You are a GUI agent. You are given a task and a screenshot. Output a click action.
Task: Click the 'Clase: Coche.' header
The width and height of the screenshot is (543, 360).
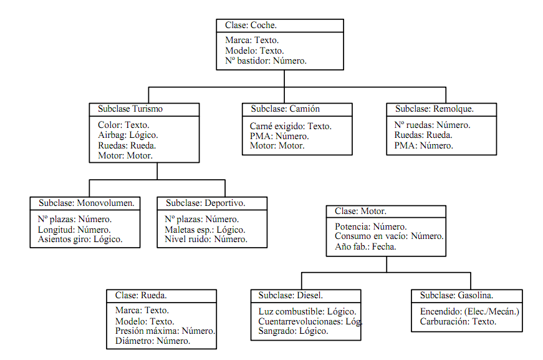251,26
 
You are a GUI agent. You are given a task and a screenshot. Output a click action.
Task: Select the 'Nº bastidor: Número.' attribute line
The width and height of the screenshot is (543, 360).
266,61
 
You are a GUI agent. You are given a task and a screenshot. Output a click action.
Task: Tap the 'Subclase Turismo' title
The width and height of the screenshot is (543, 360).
130,109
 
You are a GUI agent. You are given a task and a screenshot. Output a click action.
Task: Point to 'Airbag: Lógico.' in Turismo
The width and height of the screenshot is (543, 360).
128,135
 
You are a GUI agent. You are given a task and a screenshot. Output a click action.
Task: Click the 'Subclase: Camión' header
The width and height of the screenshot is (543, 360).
285,109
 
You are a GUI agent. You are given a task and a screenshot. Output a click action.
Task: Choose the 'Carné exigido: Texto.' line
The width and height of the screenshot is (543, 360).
291,126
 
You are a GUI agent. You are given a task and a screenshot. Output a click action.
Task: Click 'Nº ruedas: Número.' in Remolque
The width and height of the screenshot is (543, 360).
432,125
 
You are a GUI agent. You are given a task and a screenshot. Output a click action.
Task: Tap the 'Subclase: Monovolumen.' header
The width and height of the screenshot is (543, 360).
86,203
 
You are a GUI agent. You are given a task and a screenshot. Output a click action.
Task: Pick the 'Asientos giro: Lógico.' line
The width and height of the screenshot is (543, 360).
80,239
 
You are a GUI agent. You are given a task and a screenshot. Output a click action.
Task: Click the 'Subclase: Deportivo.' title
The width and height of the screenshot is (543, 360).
205,203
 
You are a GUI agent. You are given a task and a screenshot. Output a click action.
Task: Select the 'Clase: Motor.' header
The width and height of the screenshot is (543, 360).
360,212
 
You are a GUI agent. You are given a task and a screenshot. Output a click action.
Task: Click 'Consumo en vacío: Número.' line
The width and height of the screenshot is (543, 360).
388,236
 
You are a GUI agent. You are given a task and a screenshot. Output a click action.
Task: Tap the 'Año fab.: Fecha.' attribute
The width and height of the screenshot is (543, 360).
365,246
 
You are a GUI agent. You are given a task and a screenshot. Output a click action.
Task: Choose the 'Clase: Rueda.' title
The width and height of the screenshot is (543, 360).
140,296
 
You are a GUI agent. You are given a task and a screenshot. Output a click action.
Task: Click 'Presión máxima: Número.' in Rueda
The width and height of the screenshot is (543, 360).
165,331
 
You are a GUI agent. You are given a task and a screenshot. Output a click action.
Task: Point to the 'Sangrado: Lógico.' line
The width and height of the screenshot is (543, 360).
293,331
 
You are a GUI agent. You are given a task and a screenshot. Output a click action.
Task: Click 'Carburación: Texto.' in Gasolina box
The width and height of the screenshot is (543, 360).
458,322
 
